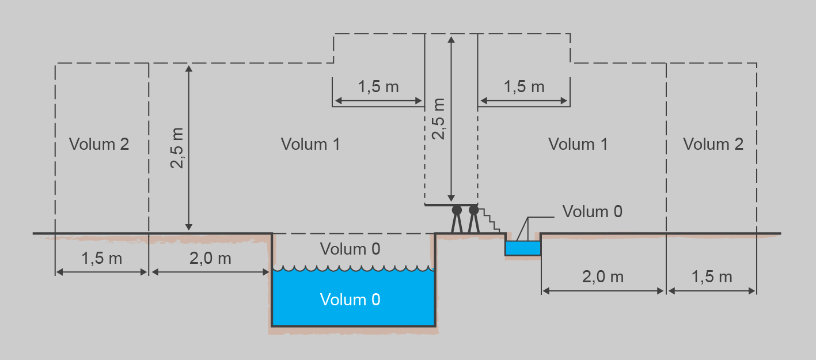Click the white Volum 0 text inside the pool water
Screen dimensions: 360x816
pyautogui.click(x=350, y=300)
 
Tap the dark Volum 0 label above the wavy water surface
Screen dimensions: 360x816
pyautogui.click(x=350, y=249)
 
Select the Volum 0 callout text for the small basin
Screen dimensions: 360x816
pyautogui.click(x=593, y=211)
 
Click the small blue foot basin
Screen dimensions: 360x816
pyautogui.click(x=523, y=248)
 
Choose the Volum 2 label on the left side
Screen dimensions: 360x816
pyautogui.click(x=99, y=144)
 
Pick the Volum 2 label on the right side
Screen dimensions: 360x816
pyautogui.click(x=713, y=144)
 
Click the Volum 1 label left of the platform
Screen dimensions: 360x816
pyautogui.click(x=310, y=144)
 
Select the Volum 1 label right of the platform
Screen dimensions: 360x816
pyautogui.click(x=578, y=144)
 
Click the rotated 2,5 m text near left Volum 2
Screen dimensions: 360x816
pyautogui.click(x=178, y=148)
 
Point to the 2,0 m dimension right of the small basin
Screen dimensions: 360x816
pyautogui.click(x=603, y=277)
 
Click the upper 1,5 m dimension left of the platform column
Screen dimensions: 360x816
pyautogui.click(x=378, y=87)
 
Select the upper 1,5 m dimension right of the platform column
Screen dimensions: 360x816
pyautogui.click(x=524, y=87)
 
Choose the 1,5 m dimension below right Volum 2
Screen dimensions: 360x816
pyautogui.click(x=711, y=277)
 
